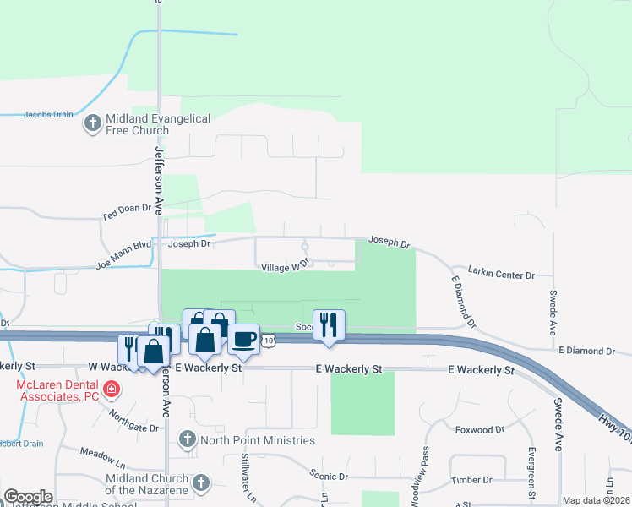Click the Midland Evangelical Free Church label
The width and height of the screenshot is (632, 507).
pyautogui.click(x=157, y=125)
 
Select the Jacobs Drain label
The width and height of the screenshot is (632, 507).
pyautogui.click(x=48, y=114)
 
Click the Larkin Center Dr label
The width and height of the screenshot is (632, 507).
pyautogui.click(x=502, y=275)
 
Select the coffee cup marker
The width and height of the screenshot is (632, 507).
pyautogui.click(x=244, y=338)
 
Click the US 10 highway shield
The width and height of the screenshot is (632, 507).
pyautogui.click(x=269, y=340)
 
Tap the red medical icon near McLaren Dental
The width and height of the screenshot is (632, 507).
pyautogui.click(x=112, y=390)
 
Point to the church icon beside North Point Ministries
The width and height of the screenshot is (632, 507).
pyautogui.click(x=187, y=440)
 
